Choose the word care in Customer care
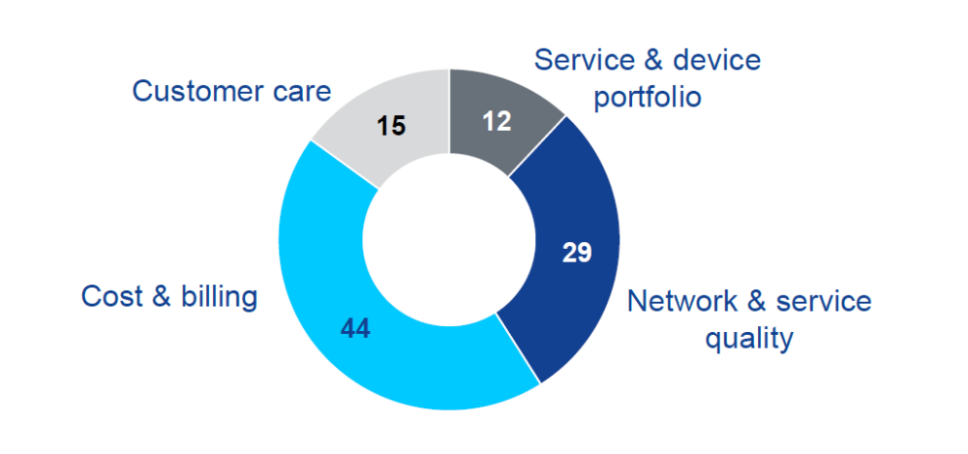coord(300,91)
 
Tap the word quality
coord(749,339)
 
